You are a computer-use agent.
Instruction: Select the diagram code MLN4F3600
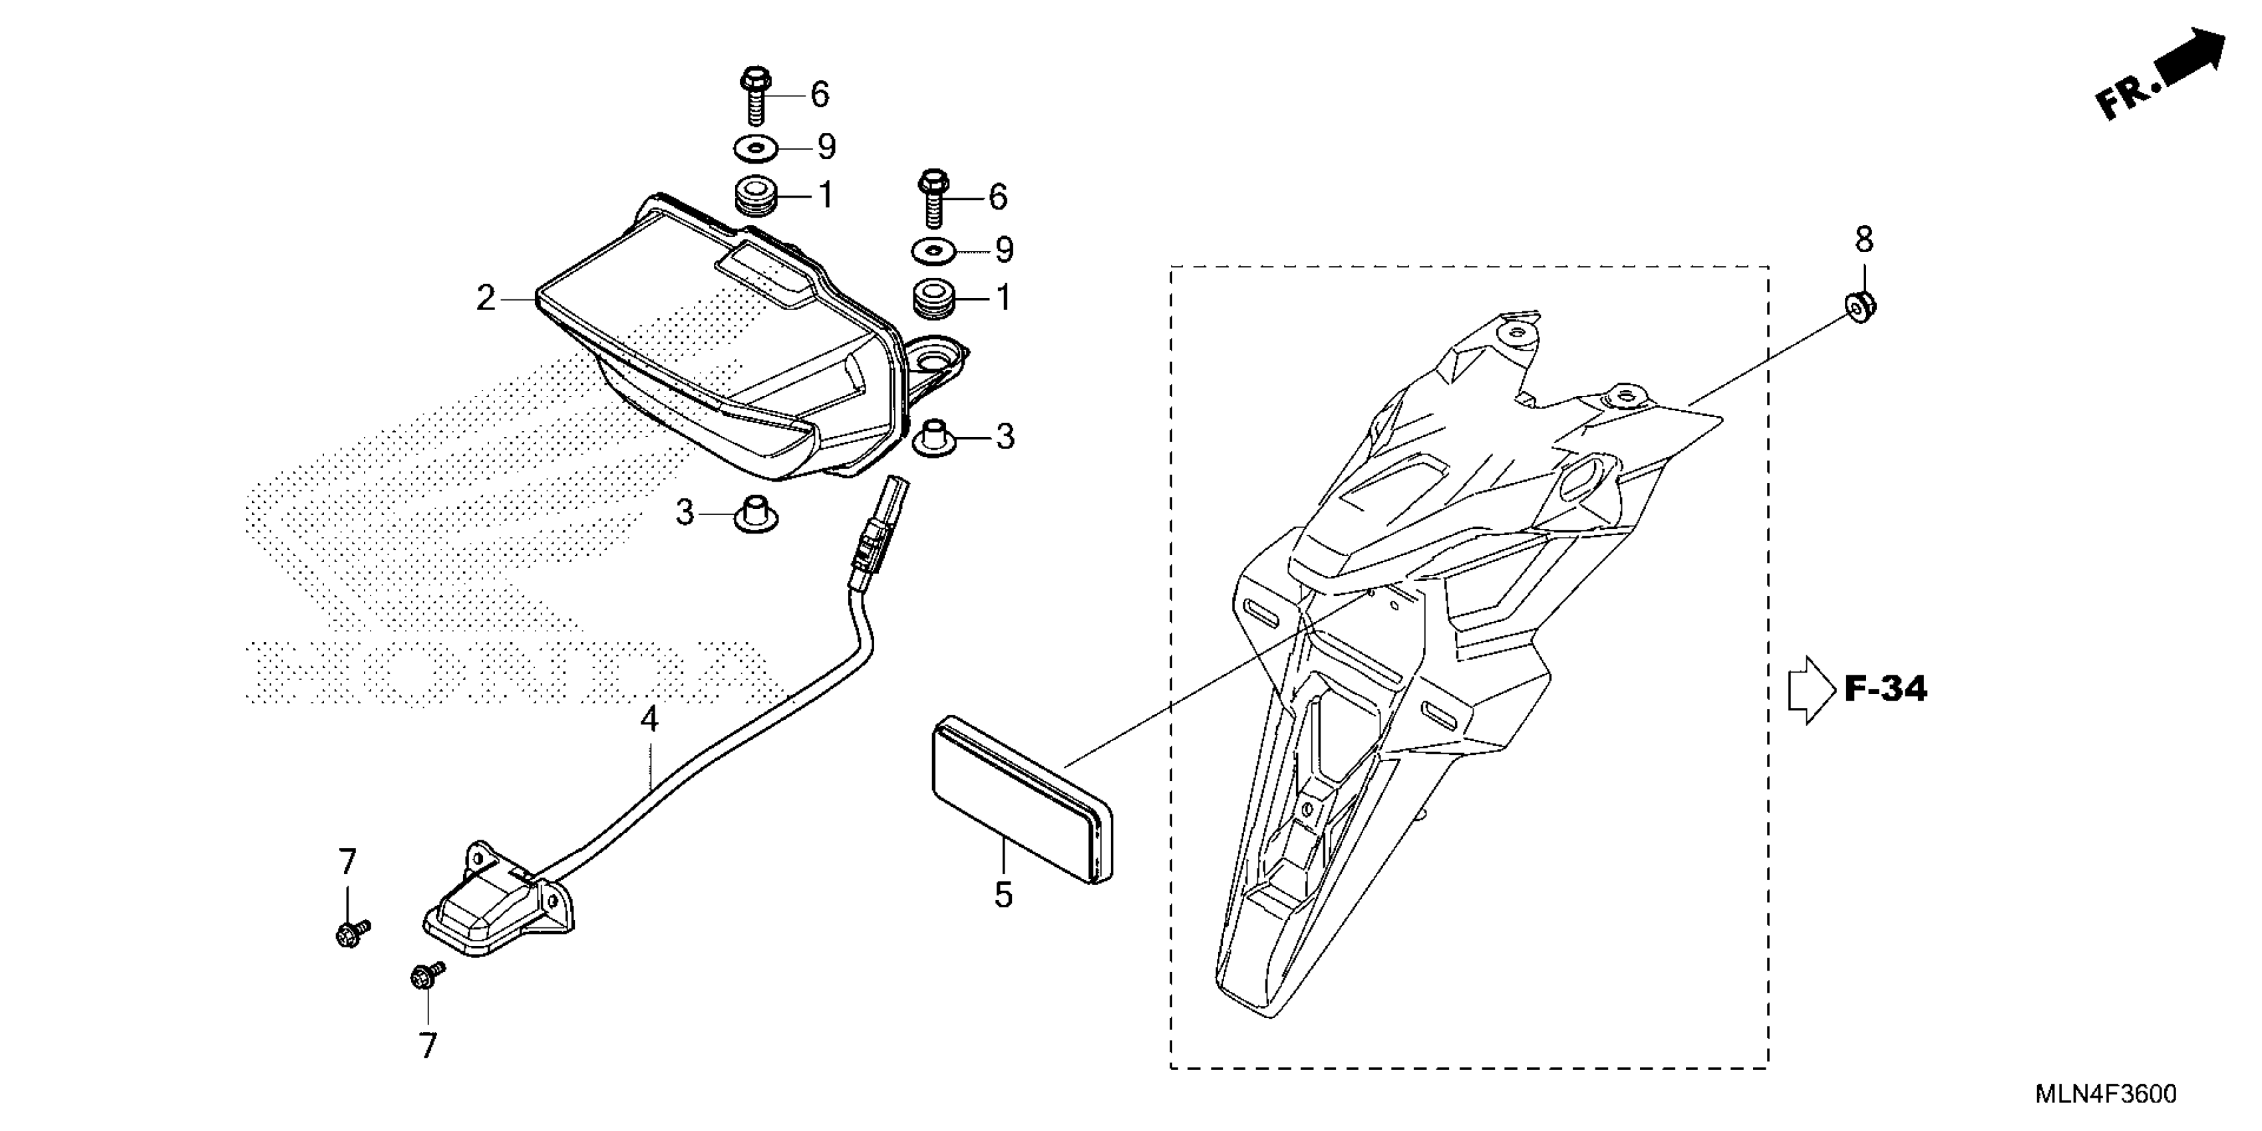click(2105, 1094)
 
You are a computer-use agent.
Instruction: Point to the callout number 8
click(1863, 239)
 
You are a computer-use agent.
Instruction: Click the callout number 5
click(1003, 895)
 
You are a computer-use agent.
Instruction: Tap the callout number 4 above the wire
click(648, 720)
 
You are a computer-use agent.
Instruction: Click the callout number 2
click(486, 299)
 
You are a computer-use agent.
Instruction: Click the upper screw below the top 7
click(352, 933)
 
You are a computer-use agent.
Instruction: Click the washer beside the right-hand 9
click(933, 251)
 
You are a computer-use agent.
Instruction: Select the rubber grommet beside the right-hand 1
click(933, 299)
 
